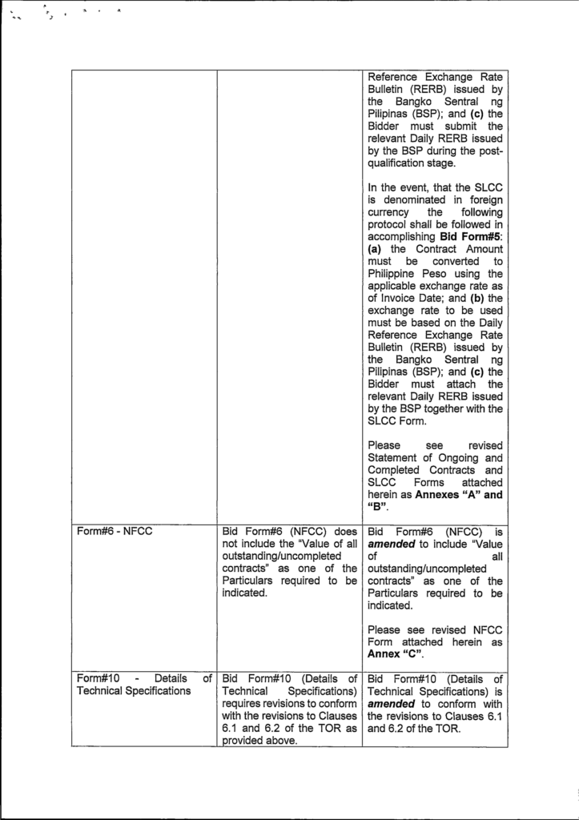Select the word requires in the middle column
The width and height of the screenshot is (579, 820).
tap(244, 703)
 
